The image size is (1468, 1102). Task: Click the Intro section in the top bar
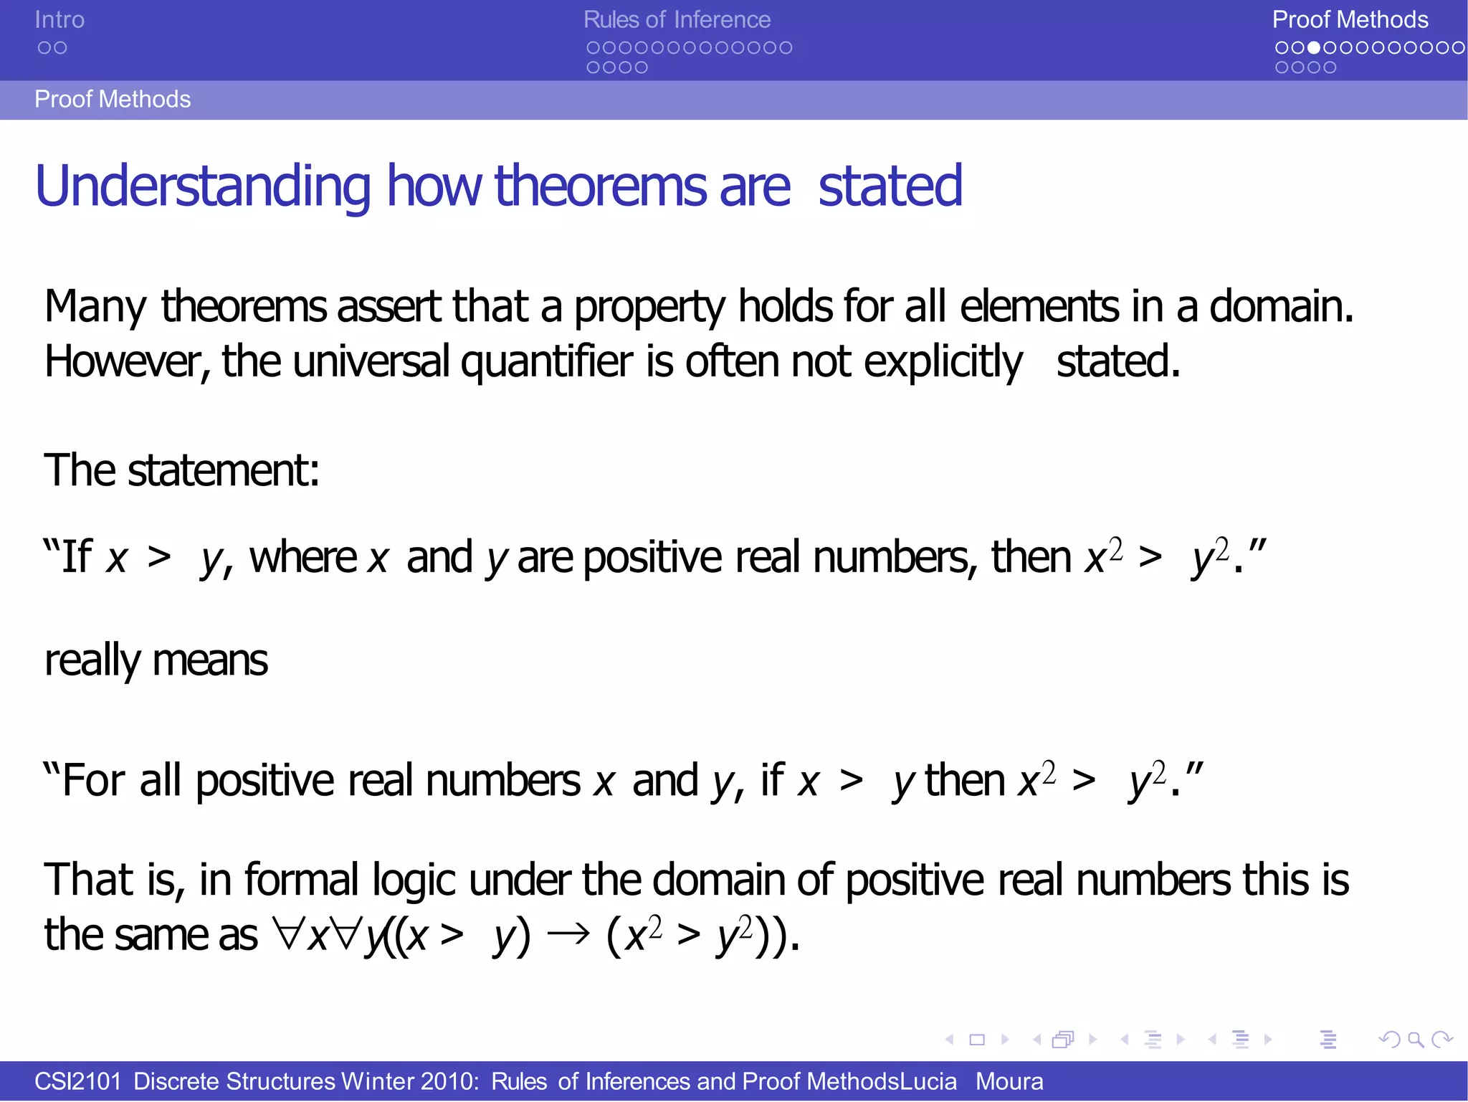[59, 20]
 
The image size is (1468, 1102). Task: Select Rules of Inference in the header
[677, 20]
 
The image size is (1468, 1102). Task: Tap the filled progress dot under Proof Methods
[1314, 48]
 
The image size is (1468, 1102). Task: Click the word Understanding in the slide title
[203, 186]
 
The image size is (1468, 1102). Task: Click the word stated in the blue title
[890, 186]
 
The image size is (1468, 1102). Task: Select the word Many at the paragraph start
[95, 307]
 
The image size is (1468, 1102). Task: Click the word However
[126, 362]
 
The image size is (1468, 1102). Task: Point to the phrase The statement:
[181, 471]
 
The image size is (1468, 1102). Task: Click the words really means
[156, 660]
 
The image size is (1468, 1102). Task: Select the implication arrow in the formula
[568, 934]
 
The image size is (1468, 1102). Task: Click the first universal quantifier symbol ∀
[289, 934]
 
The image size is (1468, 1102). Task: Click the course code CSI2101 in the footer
[78, 1081]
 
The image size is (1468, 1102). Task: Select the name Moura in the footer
[1009, 1081]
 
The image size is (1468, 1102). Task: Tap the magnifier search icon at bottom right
[1416, 1039]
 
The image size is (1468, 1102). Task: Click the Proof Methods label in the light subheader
[113, 99]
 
